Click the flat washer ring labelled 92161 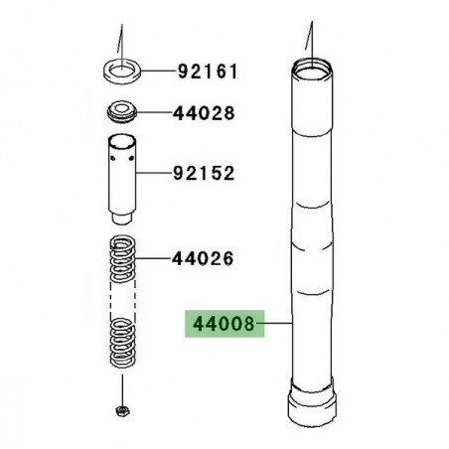coord(122,72)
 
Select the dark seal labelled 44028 coord(123,109)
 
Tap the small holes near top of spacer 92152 coord(125,155)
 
